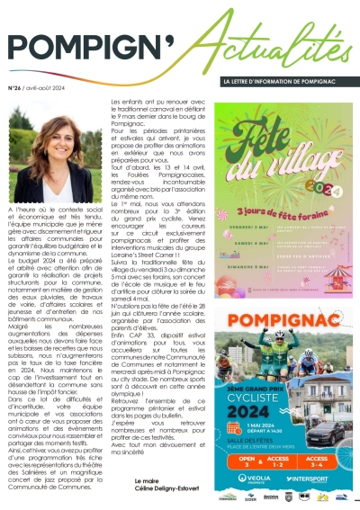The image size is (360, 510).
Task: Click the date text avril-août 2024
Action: (x=56, y=88)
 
